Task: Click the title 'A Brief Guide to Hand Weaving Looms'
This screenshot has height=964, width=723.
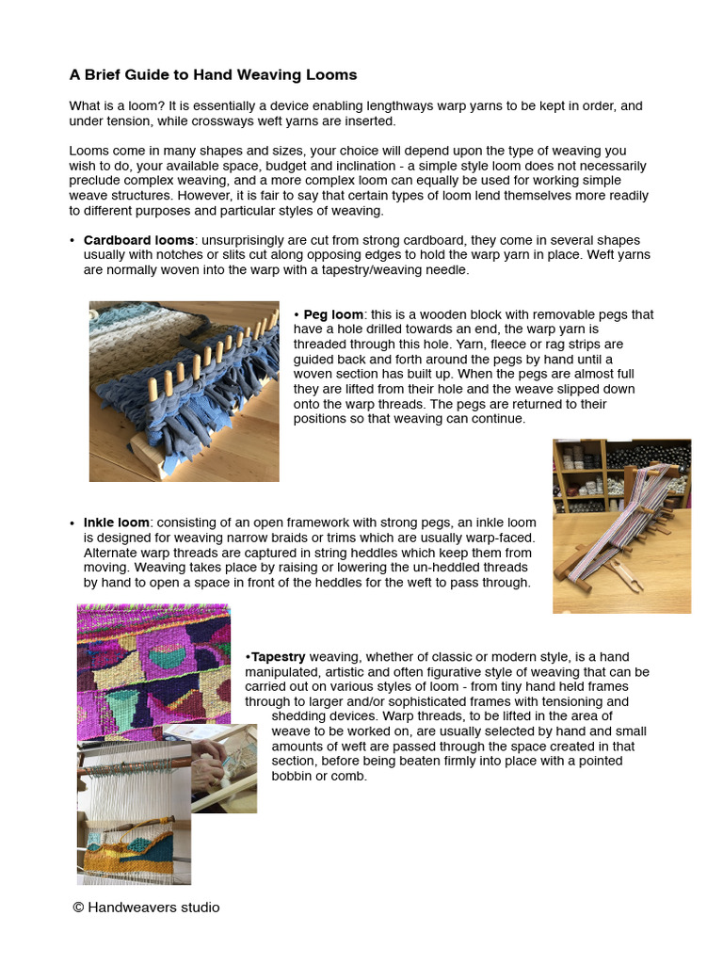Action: (x=213, y=74)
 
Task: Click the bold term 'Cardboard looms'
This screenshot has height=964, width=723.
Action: (x=138, y=240)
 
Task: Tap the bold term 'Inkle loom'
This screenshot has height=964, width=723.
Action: (x=116, y=522)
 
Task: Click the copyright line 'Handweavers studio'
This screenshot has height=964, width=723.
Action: (x=146, y=908)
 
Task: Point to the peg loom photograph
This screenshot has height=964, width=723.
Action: (x=184, y=391)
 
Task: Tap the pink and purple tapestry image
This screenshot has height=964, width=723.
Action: (x=153, y=668)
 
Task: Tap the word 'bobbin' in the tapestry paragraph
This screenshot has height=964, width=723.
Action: (x=293, y=777)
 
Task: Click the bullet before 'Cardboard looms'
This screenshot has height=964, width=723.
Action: (x=72, y=240)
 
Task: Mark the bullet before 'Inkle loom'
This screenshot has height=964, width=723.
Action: (x=72, y=522)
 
